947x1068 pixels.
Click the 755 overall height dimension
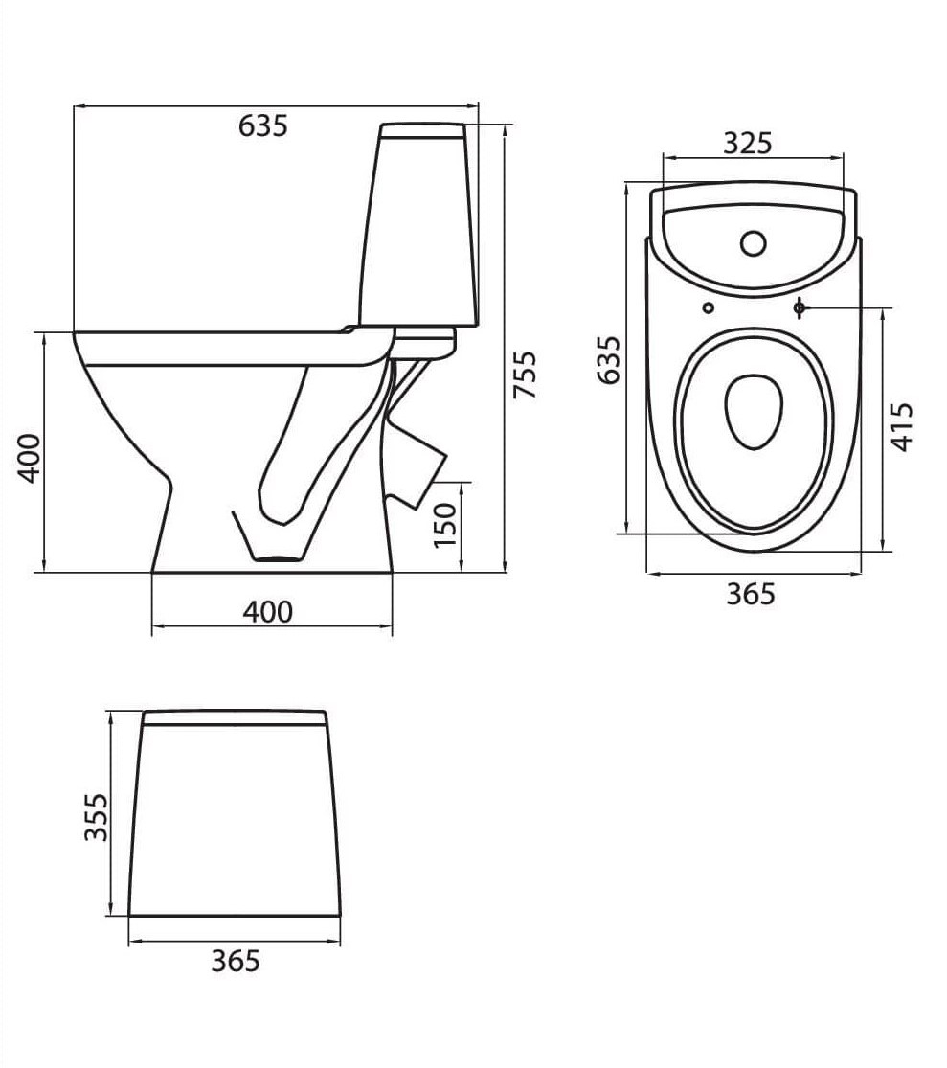pos(526,376)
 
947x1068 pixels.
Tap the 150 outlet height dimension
pos(446,526)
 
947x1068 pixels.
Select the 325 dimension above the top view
pos(747,143)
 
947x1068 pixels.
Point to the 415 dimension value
pos(903,427)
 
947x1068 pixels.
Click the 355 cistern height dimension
pos(95,817)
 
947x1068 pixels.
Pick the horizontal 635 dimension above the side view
pos(262,125)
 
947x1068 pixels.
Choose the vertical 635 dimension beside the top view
pos(608,359)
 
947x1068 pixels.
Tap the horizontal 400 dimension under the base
pos(267,611)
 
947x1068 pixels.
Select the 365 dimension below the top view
pos(750,595)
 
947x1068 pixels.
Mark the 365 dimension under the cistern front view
pos(235,960)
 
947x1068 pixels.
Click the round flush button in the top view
pos(754,243)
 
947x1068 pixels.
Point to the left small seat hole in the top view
pos(709,307)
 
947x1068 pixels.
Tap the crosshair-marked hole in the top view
pos(800,307)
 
